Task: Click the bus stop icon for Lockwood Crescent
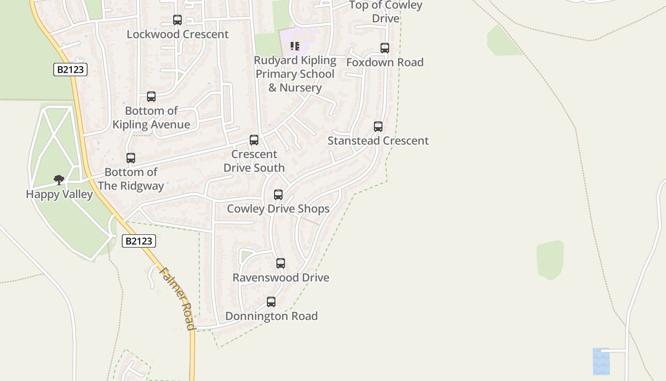177,20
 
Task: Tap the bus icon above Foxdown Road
384,48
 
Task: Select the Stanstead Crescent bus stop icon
378,127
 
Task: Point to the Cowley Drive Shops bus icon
278,195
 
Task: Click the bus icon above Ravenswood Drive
281,263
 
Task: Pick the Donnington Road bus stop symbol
271,302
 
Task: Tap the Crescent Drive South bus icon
254,140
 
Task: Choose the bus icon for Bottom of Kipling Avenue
151,97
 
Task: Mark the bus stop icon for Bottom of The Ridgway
131,158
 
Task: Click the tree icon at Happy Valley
59,180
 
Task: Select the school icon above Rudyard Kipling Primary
295,46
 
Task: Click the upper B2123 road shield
70,70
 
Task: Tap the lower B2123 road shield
138,241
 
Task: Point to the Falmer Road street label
177,298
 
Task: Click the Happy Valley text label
59,194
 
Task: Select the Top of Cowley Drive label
386,11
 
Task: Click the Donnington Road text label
271,316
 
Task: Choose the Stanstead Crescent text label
378,141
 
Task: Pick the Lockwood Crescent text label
177,34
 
